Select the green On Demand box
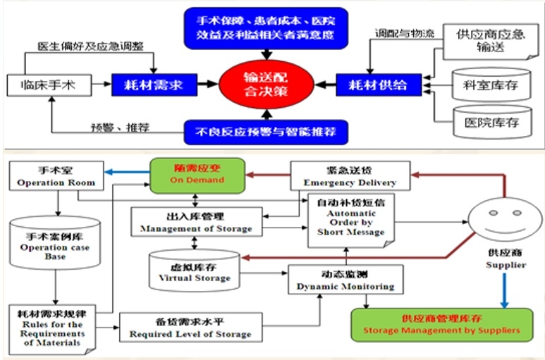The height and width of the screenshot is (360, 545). coord(197,175)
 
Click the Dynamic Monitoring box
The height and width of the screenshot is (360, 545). coord(345,280)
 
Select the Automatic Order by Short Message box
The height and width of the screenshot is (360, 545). coord(350,219)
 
